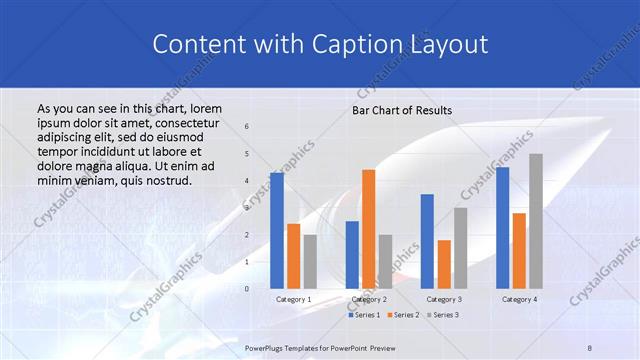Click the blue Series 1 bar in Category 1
tap(277, 231)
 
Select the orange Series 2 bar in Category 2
tap(368, 229)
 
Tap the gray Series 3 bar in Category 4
tap(536, 221)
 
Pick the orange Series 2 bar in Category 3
tap(444, 264)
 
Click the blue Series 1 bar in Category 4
tap(502, 228)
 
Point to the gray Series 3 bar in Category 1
tap(310, 262)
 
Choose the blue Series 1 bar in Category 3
tap(427, 241)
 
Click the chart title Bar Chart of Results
tap(402, 110)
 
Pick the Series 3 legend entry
tap(440, 315)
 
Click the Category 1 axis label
tap(293, 299)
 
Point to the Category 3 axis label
tap(444, 299)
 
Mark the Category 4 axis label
tap(519, 299)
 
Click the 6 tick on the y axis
tap(247, 127)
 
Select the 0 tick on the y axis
tap(247, 289)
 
